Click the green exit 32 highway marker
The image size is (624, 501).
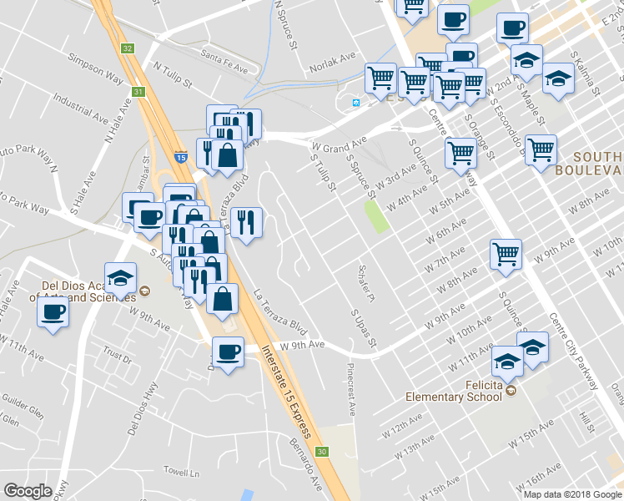(x=126, y=48)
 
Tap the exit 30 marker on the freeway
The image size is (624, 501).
(x=322, y=452)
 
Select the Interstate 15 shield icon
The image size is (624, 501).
(x=180, y=156)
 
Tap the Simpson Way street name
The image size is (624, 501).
(x=101, y=75)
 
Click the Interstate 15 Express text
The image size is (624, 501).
(x=286, y=392)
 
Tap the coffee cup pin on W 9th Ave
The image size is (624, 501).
(x=227, y=351)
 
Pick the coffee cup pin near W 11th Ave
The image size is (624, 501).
(x=53, y=313)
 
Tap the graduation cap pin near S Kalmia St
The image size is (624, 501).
(x=558, y=78)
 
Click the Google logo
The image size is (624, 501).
(x=28, y=491)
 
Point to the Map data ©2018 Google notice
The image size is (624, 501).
(x=572, y=494)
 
